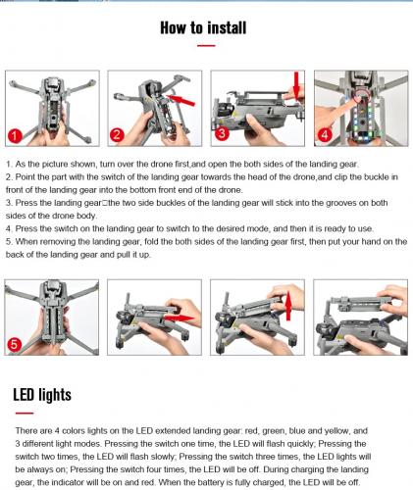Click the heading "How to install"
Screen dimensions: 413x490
[203, 27]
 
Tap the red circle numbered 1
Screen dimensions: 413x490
[15, 135]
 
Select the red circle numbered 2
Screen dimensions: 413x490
[117, 134]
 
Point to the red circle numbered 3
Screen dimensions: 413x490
[222, 133]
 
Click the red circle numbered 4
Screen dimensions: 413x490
[325, 134]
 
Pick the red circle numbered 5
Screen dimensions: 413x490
[14, 345]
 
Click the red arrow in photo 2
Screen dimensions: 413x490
[181, 100]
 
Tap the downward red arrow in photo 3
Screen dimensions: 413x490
[296, 85]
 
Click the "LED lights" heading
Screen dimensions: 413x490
[42, 395]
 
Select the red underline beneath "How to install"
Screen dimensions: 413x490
[206, 46]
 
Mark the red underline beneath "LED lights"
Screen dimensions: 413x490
[25, 414]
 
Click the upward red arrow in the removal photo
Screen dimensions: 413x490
[288, 307]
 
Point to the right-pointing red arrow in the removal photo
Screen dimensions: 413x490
[179, 318]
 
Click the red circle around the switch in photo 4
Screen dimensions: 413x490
[361, 94]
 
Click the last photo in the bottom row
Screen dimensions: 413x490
[360, 318]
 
